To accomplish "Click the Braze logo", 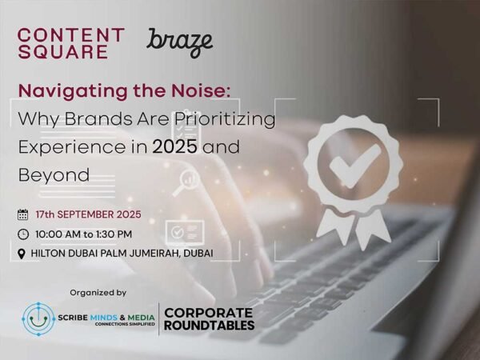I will (x=180, y=42).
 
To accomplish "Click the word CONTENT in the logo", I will (x=70, y=35).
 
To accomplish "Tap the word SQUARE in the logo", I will (x=62, y=52).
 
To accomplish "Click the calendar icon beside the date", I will (x=22, y=214).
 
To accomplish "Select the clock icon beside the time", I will (x=22, y=234).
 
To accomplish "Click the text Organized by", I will (x=98, y=292).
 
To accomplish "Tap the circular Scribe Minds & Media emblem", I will (x=38, y=318).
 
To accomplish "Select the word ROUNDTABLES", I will (x=209, y=325).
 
